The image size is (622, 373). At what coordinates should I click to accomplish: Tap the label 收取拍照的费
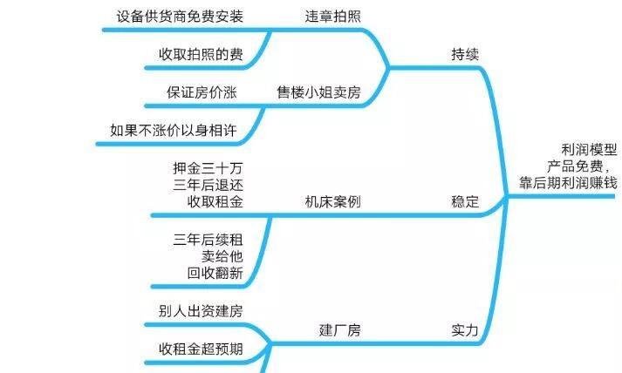[200, 54]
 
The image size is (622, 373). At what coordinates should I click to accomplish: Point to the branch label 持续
[465, 54]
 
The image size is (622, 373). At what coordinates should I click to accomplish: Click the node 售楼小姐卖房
[318, 92]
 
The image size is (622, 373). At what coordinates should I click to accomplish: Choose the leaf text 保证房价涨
[202, 92]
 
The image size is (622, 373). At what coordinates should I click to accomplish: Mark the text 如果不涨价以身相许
[174, 130]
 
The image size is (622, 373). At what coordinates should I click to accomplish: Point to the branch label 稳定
[465, 202]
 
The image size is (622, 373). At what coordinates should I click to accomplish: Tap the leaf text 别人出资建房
[200, 311]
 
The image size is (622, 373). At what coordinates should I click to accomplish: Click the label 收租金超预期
[200, 349]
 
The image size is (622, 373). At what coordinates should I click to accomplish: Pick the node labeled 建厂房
[340, 330]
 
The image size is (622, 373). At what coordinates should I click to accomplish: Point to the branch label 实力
[465, 330]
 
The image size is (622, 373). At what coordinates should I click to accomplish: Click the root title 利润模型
[590, 149]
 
